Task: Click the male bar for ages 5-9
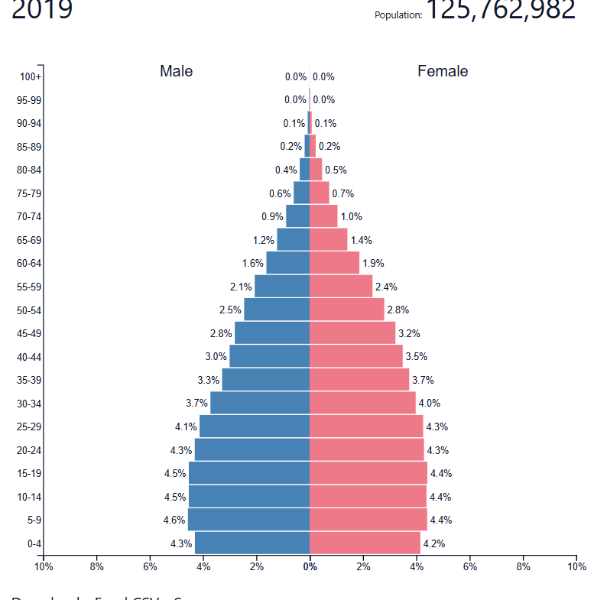tap(248, 520)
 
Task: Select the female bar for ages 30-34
tap(362, 403)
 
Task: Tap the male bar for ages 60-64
tap(288, 263)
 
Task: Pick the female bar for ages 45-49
tap(352, 333)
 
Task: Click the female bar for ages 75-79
tap(320, 193)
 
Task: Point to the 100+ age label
tap(31, 76)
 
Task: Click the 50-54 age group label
tap(30, 310)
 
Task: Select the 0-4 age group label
tap(34, 543)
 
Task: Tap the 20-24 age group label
tap(30, 450)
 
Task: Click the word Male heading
tap(176, 71)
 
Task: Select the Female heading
tap(443, 71)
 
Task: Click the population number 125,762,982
tap(501, 9)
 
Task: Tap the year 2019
tap(42, 9)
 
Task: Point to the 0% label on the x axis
tap(310, 567)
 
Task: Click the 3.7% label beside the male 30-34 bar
tap(196, 403)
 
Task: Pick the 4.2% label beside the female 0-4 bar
tap(433, 543)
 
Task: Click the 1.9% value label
tap(373, 263)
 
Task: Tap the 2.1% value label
tap(241, 287)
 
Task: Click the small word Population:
tap(398, 15)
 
